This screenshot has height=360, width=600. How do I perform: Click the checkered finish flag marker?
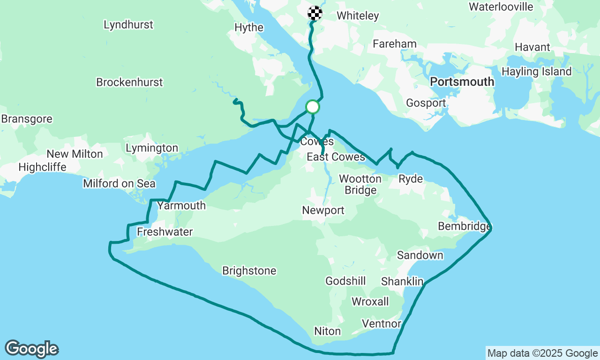(x=315, y=13)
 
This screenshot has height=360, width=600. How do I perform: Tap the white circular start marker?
(x=313, y=107)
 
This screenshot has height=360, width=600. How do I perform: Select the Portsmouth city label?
(x=462, y=82)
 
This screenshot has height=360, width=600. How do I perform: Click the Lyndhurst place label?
(x=128, y=25)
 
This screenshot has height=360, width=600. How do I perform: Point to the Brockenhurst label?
(x=129, y=82)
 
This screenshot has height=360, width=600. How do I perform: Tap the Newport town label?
(x=323, y=210)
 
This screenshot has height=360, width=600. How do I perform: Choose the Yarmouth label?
(x=181, y=205)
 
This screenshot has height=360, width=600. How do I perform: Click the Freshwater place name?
(x=165, y=232)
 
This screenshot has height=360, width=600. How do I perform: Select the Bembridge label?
(x=464, y=226)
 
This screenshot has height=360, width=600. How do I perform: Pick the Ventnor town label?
(x=382, y=323)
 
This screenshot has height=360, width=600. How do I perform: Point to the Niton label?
(x=327, y=331)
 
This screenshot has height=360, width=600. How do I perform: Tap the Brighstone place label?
(x=249, y=270)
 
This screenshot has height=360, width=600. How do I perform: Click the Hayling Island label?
(x=536, y=72)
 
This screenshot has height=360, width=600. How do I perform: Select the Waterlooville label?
(x=501, y=7)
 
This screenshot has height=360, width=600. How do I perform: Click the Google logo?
(x=31, y=349)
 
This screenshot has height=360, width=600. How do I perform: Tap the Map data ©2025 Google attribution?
(x=542, y=353)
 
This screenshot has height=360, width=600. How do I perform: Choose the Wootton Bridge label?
(x=360, y=184)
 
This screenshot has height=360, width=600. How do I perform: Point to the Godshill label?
(x=345, y=281)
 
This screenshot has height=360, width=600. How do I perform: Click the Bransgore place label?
(x=27, y=119)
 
